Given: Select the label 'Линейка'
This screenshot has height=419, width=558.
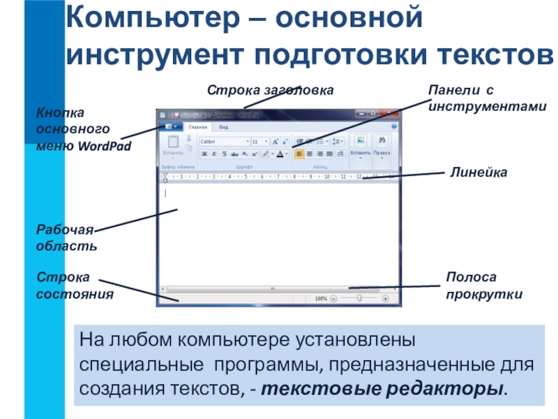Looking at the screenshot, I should coord(477,172).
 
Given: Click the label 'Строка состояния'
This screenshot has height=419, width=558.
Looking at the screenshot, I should coord(74,287).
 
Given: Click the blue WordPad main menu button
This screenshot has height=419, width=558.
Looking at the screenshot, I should coord(171,127).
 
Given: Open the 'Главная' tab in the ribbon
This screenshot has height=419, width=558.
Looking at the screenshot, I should coord(199,127).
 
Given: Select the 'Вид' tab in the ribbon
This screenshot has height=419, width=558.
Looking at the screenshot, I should coord(223,127).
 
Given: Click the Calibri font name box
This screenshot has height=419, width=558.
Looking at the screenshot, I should coord(223,141).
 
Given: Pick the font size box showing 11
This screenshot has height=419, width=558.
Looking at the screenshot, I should coord(258,141).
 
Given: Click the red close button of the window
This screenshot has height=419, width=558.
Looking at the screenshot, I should coord(389,113).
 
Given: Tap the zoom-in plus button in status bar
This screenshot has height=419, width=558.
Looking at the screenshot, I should coord(384,298).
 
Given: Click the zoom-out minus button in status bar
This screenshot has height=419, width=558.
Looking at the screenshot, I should coord(333,298).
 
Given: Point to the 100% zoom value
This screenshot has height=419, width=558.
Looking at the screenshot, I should coord(320,298).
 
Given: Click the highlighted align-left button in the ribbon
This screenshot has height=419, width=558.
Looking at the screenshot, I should coord(299,153).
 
